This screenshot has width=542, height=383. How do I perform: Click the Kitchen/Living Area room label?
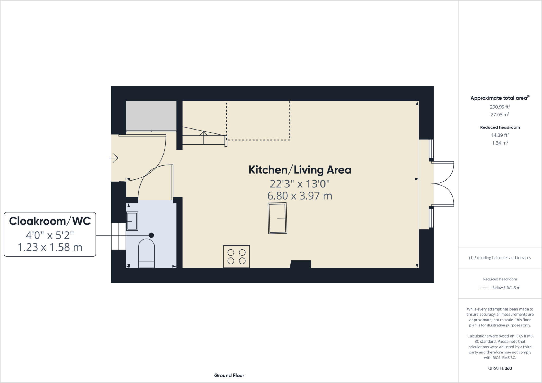coord(300,170)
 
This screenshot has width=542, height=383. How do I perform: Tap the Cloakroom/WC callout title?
coord(50,221)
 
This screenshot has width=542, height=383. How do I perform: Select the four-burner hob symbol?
coord(236,256)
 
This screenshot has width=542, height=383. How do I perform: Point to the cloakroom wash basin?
coord(132,221)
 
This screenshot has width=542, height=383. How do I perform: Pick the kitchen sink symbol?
coord(277,218)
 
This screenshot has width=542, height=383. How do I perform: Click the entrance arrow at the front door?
coord(114,158)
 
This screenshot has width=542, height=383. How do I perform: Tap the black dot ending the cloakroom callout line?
coord(151,235)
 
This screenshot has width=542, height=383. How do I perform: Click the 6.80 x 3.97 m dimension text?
coord(300,196)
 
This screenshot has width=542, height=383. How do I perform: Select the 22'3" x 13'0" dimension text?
coord(300,184)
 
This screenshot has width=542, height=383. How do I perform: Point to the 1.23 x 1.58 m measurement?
coord(50,247)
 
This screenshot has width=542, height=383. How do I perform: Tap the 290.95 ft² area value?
coord(500,107)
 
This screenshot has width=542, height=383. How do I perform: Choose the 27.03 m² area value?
coord(500,115)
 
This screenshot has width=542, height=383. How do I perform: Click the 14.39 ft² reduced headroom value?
coord(500,135)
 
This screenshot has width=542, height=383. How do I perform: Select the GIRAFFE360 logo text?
coord(500,368)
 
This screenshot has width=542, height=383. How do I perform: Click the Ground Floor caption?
coord(229,375)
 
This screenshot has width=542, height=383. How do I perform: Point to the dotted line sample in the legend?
coord(484,288)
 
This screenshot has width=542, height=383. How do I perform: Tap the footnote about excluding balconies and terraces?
coord(500,258)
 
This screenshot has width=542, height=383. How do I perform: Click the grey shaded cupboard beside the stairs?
coord(151,116)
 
